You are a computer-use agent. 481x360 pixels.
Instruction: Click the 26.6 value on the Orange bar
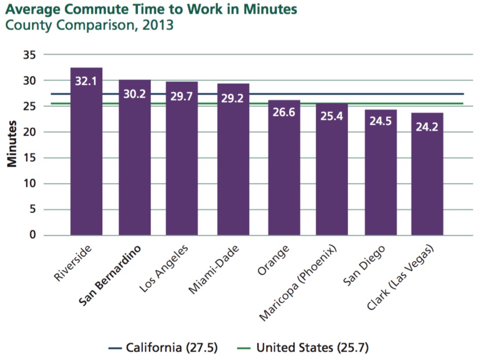284,113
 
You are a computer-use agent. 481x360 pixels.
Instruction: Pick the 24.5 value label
380,121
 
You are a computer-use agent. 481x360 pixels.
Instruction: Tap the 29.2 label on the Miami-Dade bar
233,98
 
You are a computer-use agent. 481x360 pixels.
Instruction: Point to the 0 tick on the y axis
33,235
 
